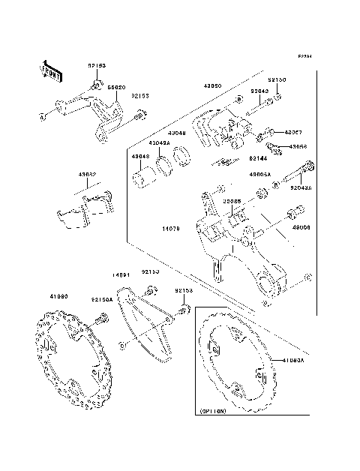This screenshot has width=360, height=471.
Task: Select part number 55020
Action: [116, 87]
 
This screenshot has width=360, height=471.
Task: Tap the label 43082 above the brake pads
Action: [88, 174]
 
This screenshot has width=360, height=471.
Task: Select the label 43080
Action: [212, 86]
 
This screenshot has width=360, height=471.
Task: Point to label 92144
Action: [259, 159]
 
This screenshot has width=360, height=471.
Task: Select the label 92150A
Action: [103, 298]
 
